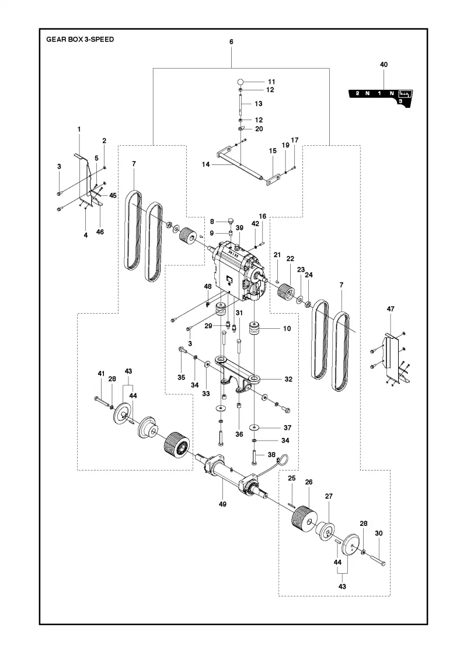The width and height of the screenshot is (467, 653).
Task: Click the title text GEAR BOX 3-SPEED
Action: [x=80, y=40]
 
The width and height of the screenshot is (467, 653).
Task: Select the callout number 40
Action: [x=384, y=65]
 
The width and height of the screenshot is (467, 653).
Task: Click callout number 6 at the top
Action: [x=231, y=41]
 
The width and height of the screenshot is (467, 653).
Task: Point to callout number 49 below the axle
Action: [x=222, y=504]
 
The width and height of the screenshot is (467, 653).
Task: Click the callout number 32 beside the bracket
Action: [x=288, y=379]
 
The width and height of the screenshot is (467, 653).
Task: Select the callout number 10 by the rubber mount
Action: [x=287, y=329]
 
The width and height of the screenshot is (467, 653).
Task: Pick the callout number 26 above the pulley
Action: [x=309, y=482]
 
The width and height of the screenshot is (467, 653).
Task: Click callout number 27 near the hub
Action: [x=329, y=496]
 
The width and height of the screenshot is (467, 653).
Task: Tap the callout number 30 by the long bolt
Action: [x=379, y=533]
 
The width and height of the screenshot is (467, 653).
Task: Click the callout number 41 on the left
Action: [x=102, y=374]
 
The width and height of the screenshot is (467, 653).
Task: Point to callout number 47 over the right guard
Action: [x=391, y=309]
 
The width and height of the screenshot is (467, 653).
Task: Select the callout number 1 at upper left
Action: [x=79, y=129]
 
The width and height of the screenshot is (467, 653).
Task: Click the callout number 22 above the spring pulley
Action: [x=290, y=259]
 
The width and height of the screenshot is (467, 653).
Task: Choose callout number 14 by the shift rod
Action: [x=205, y=164]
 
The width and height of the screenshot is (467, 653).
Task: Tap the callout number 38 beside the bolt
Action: [x=271, y=455]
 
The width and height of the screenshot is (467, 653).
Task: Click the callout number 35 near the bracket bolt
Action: [x=182, y=377]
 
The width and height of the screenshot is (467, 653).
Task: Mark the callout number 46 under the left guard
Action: [x=100, y=232]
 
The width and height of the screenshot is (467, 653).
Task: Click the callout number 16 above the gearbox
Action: [x=262, y=216]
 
